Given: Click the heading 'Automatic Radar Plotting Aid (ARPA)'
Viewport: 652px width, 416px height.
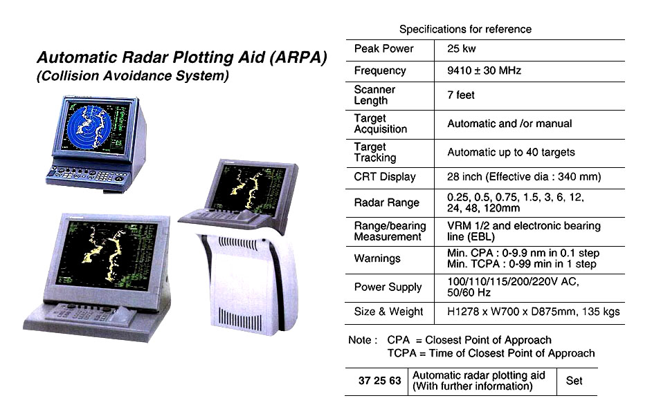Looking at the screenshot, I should (181, 58).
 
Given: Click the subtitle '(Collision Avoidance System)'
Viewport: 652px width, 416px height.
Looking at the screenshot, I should (132, 77).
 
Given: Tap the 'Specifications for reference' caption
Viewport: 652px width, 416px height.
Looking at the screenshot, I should (465, 29).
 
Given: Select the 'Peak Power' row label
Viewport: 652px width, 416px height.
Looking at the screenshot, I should (383, 49).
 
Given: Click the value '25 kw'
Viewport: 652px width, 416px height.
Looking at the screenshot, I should (462, 49).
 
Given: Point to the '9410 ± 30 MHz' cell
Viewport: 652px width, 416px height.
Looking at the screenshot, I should (484, 70).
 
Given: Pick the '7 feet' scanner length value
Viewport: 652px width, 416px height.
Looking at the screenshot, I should (461, 95).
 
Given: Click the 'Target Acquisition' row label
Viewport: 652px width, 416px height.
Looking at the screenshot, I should (380, 124).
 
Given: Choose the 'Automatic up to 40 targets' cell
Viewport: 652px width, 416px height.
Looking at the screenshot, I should (511, 152).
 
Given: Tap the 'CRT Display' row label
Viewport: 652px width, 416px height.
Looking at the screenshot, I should (385, 177).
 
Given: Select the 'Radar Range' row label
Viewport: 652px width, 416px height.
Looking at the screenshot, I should (386, 202).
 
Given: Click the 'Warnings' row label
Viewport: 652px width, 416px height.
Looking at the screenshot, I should (377, 258).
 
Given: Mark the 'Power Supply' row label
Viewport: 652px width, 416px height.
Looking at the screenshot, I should (388, 287).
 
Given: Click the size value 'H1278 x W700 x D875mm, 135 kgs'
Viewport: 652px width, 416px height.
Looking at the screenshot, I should (533, 312).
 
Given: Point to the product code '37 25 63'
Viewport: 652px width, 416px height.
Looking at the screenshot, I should (379, 381).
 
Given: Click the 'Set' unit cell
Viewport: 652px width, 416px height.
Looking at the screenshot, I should (574, 381).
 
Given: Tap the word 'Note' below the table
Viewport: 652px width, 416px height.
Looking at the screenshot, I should (360, 340).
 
